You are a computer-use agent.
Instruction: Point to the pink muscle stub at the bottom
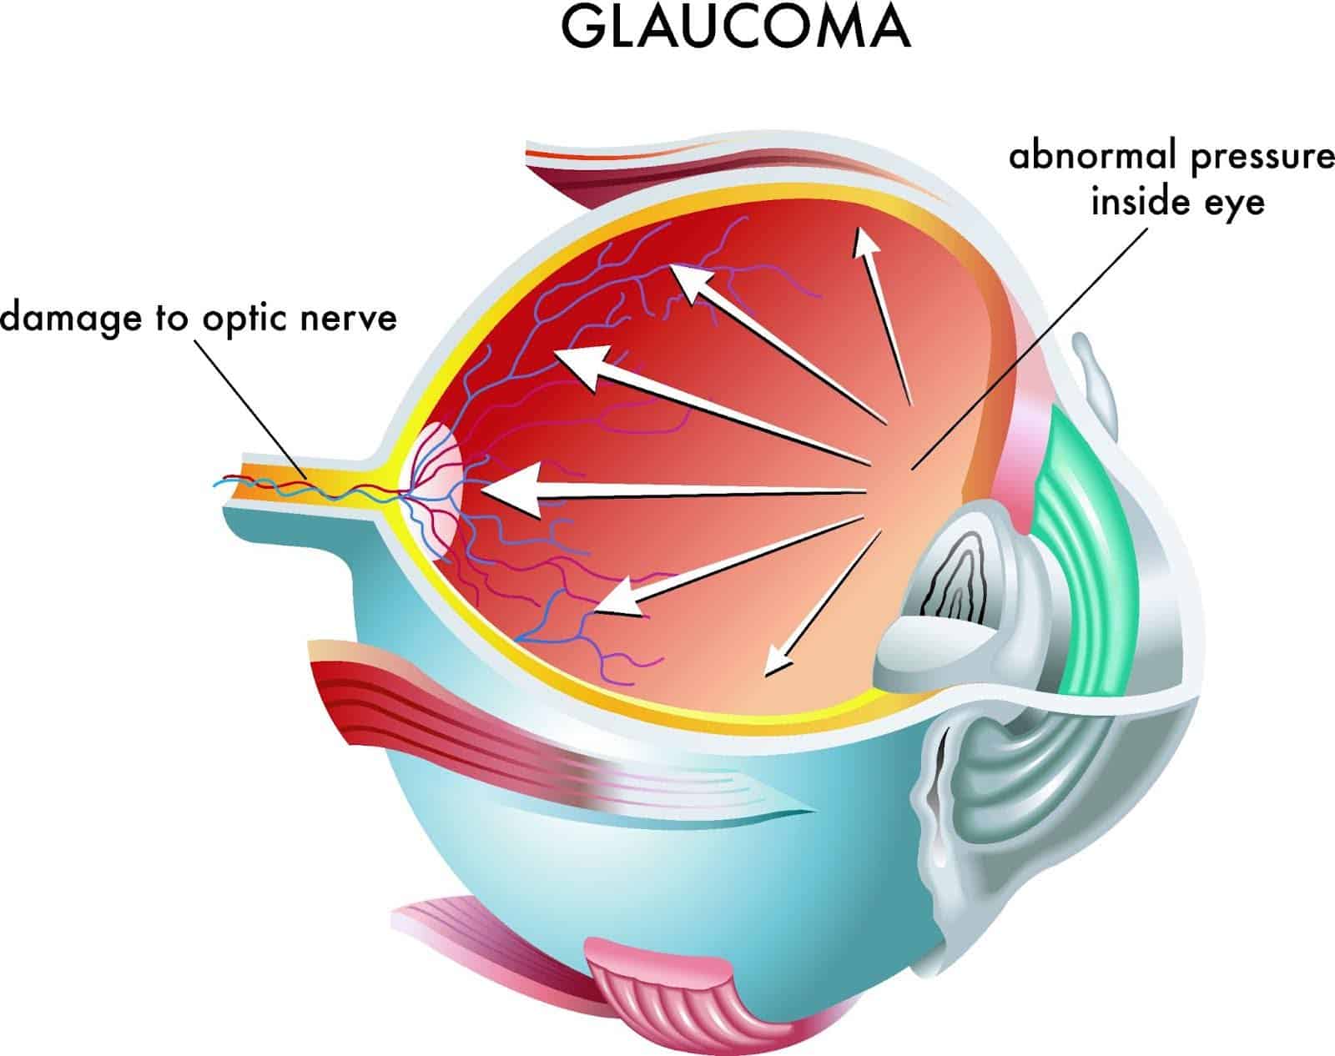(659, 993)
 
